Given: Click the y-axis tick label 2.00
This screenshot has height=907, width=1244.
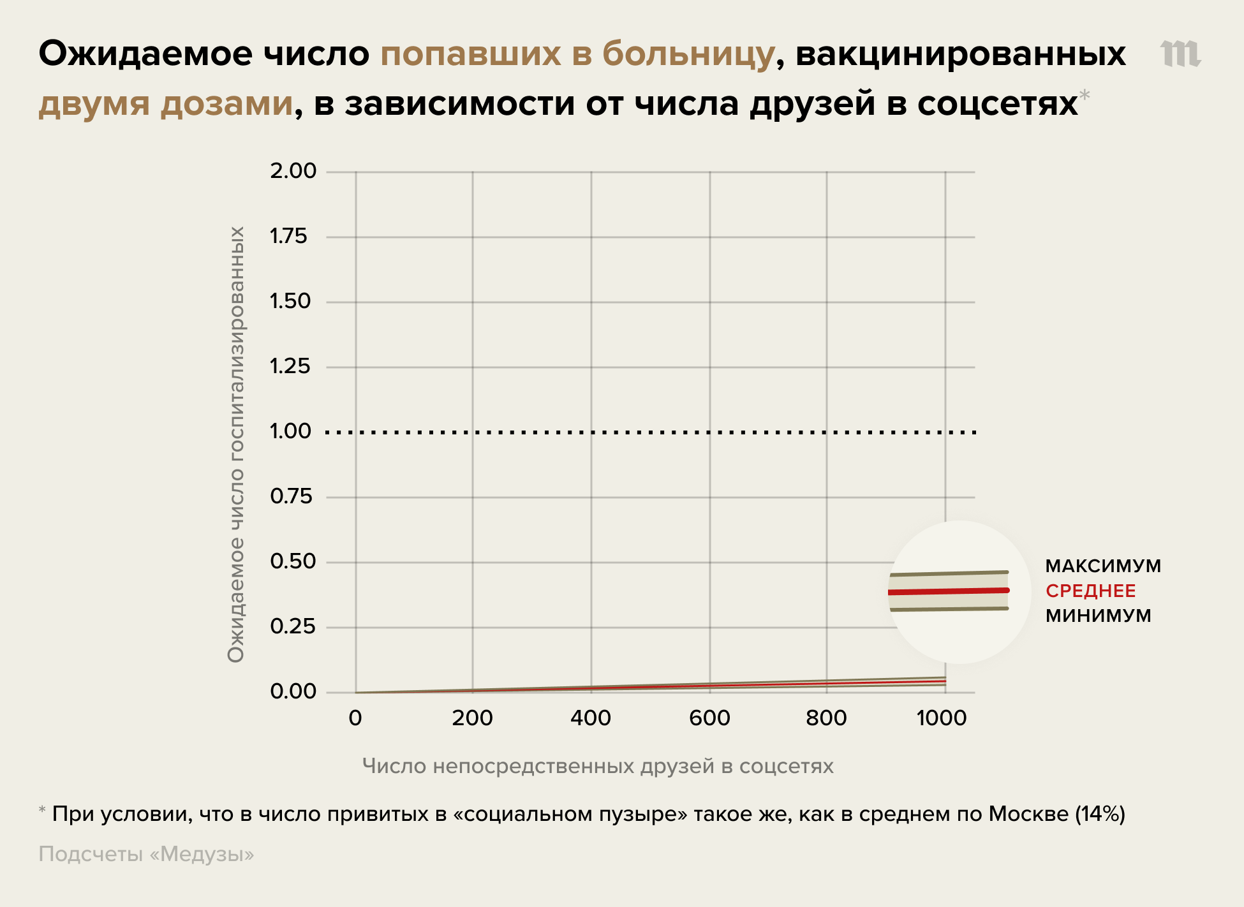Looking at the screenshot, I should tap(293, 171).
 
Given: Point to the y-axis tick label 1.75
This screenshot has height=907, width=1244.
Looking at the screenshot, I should tap(288, 237).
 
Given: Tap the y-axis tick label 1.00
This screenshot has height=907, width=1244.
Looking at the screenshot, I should tap(290, 432).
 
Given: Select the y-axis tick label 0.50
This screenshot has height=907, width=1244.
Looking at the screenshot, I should tap(293, 562).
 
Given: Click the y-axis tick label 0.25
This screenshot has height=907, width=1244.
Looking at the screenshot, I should tap(293, 627).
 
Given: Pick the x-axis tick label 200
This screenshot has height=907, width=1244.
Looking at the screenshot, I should tap(472, 718).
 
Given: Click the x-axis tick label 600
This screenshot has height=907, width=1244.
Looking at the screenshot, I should tap(709, 718).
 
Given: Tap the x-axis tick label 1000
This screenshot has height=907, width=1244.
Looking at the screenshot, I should tap(942, 718).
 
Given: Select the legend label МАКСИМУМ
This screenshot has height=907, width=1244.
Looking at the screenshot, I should tap(1103, 566).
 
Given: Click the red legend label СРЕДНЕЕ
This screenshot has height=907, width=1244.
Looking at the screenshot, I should tap(1091, 591).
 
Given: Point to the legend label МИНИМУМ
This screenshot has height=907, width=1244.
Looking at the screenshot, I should tap(1099, 616).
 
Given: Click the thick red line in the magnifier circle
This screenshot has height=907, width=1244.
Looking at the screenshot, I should tap(949, 591).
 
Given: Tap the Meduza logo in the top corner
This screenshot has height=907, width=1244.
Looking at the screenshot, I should tap(1180, 54).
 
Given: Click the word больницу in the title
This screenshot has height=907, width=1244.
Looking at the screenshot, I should tap(688, 54).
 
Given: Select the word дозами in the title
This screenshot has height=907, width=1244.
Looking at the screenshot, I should tap(226, 103).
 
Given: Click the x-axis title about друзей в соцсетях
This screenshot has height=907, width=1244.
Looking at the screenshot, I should tap(598, 766).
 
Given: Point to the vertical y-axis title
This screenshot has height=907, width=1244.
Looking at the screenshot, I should tap(236, 444).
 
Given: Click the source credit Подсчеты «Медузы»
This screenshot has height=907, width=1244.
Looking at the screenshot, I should tap(146, 854).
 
